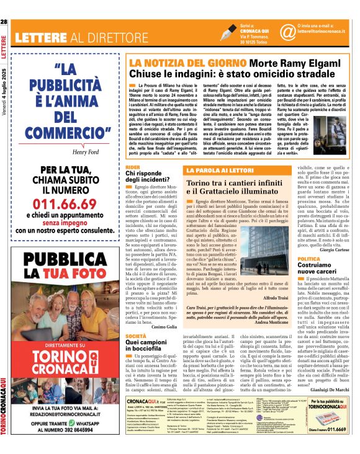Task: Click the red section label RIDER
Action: coord(132,167)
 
